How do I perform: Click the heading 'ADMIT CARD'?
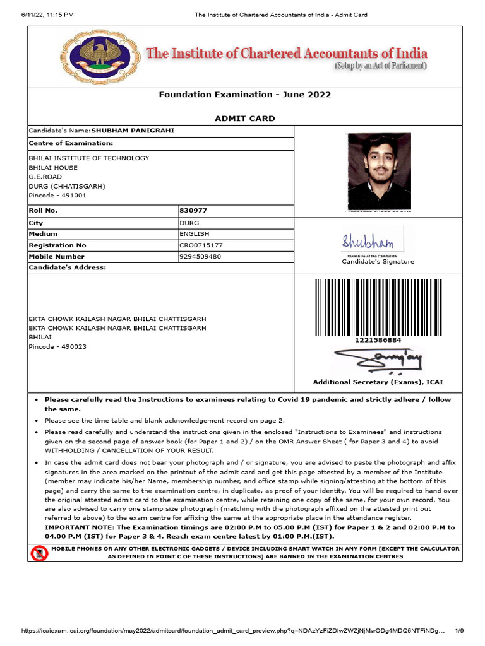(x=244, y=119)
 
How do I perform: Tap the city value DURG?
(x=189, y=223)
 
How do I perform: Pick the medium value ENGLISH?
(x=195, y=234)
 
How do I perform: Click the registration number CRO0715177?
(x=201, y=245)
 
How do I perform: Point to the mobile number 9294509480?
(x=201, y=257)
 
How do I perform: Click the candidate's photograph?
(x=380, y=170)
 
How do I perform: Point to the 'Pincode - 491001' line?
(x=57, y=196)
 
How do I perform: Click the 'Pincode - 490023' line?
(x=57, y=347)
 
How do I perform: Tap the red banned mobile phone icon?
(x=39, y=554)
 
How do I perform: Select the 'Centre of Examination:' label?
(x=71, y=143)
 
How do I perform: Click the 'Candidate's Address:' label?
(x=68, y=267)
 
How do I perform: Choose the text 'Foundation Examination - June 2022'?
(x=244, y=95)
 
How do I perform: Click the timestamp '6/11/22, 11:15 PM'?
(x=39, y=15)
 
